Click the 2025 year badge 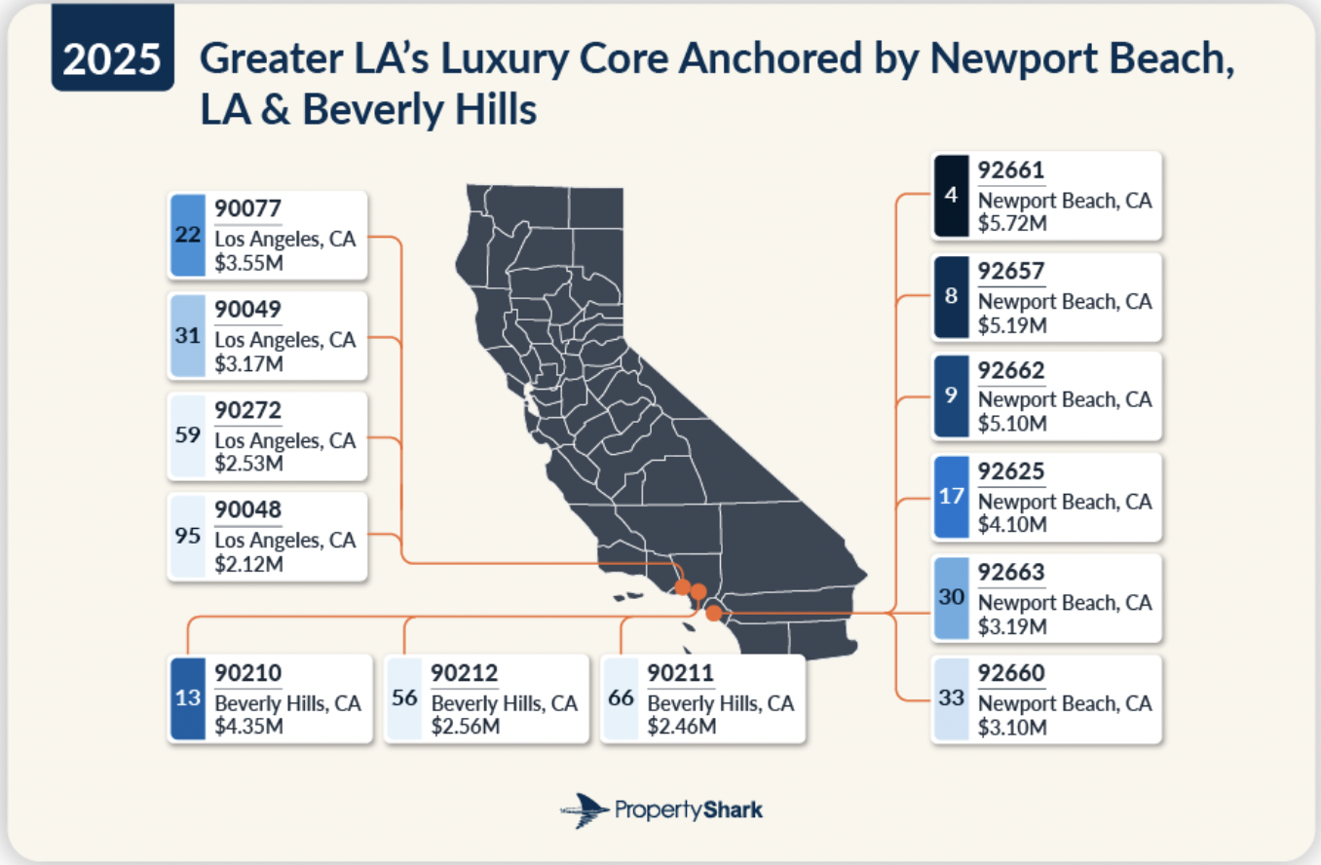[x=112, y=58]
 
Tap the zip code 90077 [x=247, y=209]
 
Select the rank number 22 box [x=188, y=235]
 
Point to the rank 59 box [x=188, y=435]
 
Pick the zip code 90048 [x=247, y=509]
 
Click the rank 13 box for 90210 [x=188, y=698]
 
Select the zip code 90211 [x=680, y=673]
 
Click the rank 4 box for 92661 [x=951, y=195]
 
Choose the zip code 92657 [x=1011, y=271]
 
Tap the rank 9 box [x=951, y=395]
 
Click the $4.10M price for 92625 [x=1012, y=524]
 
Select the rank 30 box [x=951, y=597]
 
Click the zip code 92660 [x=1011, y=673]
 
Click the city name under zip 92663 [x=1065, y=602]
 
